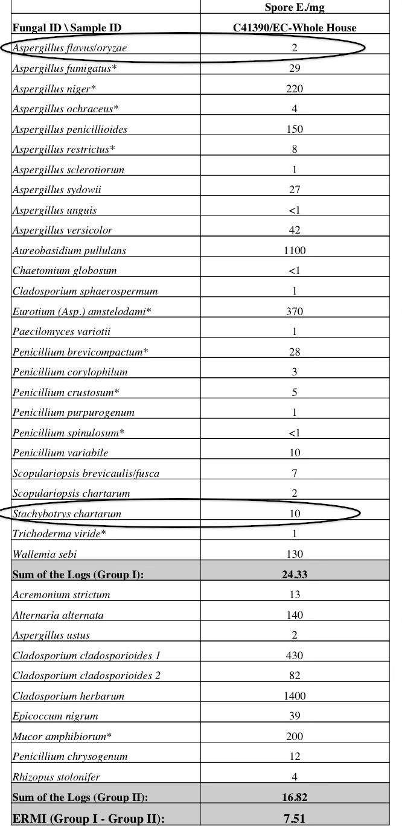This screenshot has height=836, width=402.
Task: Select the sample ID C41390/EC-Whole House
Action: [x=295, y=28]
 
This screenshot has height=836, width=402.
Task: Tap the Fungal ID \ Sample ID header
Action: [x=66, y=28]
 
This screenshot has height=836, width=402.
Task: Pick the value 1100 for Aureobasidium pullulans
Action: [x=295, y=250]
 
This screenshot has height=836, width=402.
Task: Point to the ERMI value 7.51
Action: [x=295, y=818]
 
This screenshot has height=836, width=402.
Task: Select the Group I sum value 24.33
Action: [x=295, y=575]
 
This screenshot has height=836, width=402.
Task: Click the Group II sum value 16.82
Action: [x=295, y=797]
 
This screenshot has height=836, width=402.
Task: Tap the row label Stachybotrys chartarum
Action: [x=66, y=514]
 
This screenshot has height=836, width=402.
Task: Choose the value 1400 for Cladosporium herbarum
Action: [x=295, y=696]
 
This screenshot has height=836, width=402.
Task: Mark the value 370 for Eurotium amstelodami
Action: [x=295, y=311]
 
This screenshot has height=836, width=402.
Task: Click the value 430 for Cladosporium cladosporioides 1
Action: [x=295, y=656]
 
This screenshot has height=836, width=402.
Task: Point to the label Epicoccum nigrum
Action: [x=55, y=716]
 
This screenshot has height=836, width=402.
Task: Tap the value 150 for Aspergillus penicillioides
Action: [x=295, y=129]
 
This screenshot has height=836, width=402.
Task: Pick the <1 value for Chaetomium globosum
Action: [x=295, y=271]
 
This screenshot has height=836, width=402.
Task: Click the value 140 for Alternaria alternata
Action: [x=295, y=615]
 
